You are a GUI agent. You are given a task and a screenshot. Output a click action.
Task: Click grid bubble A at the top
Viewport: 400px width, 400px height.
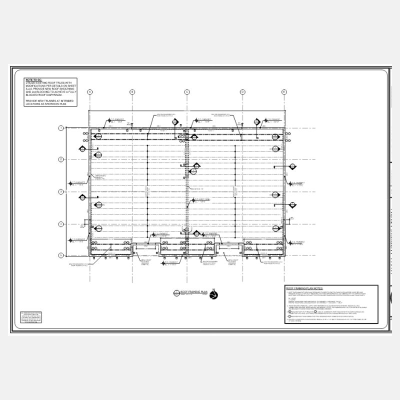pos(90,92)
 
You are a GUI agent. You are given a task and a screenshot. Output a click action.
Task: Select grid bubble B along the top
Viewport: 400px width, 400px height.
pos(132,92)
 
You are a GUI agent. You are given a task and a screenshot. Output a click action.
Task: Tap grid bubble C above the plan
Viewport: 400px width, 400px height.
pos(187,92)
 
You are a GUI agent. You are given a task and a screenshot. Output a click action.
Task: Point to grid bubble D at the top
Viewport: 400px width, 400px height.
pos(242,92)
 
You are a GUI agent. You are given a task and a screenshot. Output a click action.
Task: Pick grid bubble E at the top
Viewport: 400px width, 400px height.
pos(284,92)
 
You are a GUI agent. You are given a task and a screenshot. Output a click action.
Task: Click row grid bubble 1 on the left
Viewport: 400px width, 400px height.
pos(61,128)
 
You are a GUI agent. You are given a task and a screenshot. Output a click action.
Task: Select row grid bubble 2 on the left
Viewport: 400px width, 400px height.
pos(61,159)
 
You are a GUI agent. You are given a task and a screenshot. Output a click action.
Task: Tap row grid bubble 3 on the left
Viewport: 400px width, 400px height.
pos(61,191)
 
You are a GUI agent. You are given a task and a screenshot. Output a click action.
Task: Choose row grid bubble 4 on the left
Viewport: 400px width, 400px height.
pos(61,223)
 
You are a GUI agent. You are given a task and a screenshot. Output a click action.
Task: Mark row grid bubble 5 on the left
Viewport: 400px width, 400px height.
pos(61,255)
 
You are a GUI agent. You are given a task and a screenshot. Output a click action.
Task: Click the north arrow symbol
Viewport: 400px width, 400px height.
pos(214,295)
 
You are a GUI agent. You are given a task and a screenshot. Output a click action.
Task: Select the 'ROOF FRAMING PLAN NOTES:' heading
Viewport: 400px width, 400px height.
pos(304,289)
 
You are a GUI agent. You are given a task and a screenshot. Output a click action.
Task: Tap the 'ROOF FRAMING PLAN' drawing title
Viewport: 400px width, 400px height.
pos(190,291)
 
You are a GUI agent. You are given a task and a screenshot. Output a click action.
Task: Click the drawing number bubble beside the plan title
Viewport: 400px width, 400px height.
pos(175,293)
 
